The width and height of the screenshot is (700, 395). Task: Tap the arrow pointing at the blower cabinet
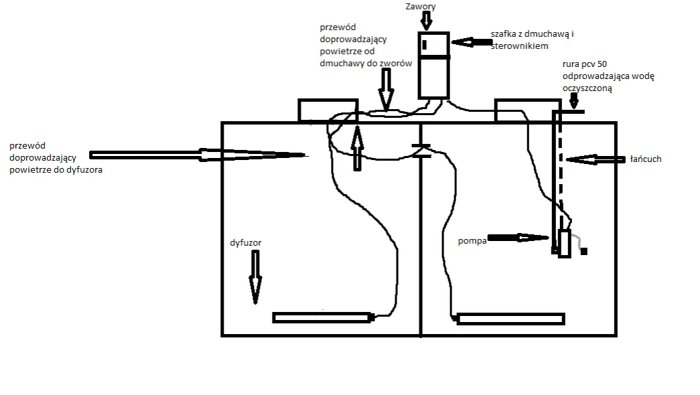(x=472, y=42)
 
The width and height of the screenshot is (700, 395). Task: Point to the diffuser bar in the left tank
(x=322, y=317)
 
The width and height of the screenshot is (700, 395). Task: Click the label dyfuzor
(x=244, y=243)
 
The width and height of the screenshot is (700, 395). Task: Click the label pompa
(x=472, y=240)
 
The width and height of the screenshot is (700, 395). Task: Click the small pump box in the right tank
(x=564, y=244)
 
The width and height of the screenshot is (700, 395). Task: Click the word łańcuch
(x=646, y=159)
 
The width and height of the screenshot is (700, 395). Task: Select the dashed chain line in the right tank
(x=560, y=181)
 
